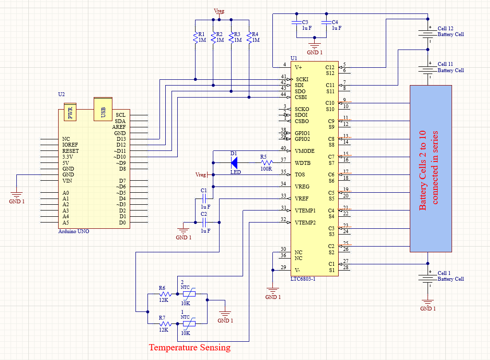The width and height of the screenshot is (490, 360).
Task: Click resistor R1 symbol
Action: [195, 37]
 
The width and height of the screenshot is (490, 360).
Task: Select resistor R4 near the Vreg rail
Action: [249, 37]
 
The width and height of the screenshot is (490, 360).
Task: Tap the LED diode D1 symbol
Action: [234, 162]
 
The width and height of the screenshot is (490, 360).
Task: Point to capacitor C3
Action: [296, 25]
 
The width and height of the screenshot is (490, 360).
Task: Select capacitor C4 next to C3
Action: [326, 25]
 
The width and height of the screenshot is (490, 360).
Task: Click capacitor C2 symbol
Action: [204, 222]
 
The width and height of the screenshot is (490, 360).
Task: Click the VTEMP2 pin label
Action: [305, 223]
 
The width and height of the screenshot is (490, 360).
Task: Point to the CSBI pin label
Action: [301, 97]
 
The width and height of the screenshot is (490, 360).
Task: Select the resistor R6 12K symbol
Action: [165, 294]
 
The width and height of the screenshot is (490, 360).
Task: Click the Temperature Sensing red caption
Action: [189, 347]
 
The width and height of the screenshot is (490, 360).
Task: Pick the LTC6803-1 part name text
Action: [303, 279]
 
